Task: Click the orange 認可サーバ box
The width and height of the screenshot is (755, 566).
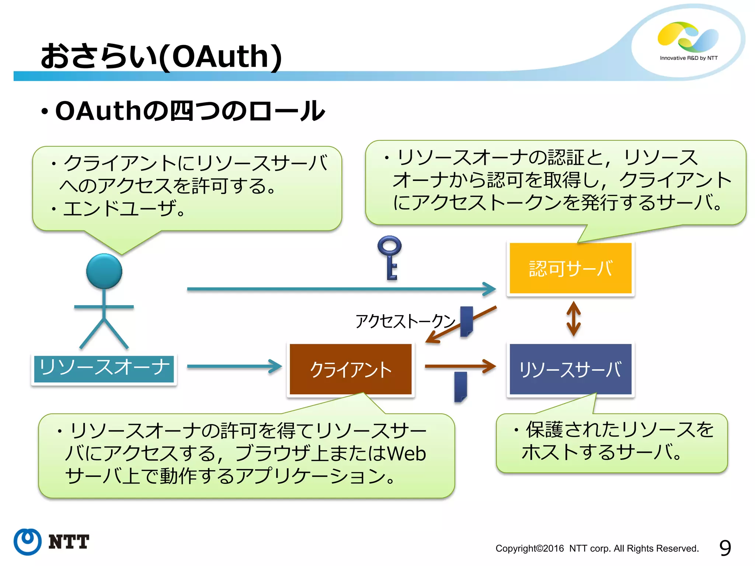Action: click(x=570, y=268)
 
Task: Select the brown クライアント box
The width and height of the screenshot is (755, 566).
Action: click(x=351, y=369)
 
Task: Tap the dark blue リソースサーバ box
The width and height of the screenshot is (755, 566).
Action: click(x=570, y=369)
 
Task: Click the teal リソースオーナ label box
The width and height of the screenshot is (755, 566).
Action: click(x=104, y=368)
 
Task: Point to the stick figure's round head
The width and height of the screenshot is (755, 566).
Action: click(x=104, y=271)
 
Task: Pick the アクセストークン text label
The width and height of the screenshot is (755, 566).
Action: click(x=405, y=321)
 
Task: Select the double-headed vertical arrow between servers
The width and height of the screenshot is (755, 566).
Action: click(x=573, y=319)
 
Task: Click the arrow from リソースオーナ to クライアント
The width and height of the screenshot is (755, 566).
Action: click(x=234, y=366)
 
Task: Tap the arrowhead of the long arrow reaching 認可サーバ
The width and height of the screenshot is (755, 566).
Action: click(x=490, y=289)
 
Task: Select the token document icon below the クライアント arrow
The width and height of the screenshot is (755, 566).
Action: click(x=460, y=387)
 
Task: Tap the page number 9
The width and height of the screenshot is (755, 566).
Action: click(x=725, y=548)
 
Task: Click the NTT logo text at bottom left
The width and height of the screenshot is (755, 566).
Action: click(x=69, y=542)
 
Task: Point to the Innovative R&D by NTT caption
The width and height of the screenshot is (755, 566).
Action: click(x=688, y=58)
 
